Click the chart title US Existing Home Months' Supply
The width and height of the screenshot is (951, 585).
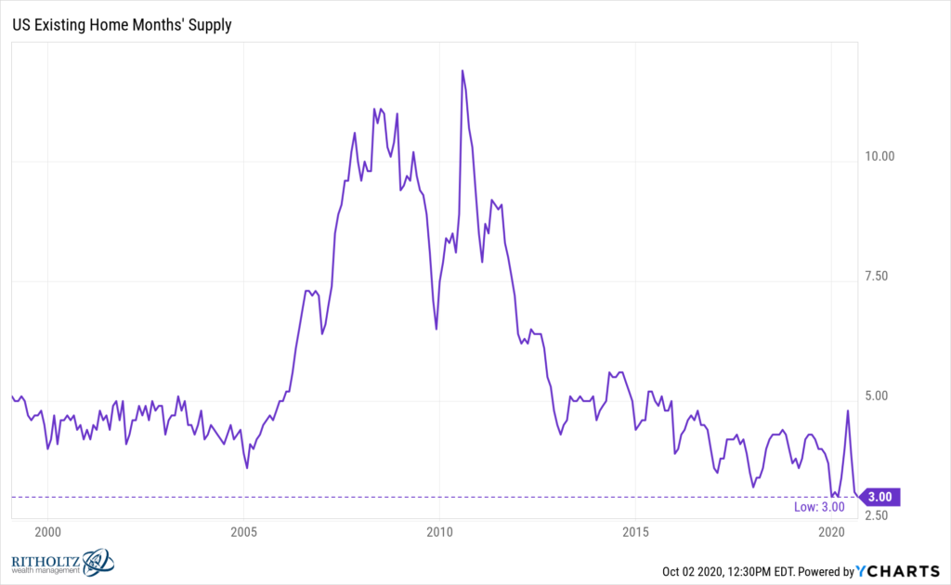click(122, 25)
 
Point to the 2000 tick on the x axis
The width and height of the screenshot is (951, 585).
click(47, 532)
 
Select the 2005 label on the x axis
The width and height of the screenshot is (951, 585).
click(243, 532)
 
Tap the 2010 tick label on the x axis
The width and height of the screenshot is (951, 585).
click(439, 532)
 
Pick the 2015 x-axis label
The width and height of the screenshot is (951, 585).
click(635, 532)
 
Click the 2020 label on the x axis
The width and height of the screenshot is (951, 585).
click(831, 532)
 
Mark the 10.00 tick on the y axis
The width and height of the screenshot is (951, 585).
click(879, 156)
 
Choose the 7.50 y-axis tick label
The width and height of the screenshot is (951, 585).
click(879, 276)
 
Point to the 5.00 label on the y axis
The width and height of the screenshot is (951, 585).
click(879, 396)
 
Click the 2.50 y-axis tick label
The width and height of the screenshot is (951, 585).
click(879, 515)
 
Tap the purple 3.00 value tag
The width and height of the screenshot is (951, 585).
click(879, 497)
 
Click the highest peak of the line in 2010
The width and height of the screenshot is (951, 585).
click(462, 71)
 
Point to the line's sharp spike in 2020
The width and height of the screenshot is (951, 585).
click(848, 410)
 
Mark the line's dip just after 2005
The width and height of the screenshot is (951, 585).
click(247, 467)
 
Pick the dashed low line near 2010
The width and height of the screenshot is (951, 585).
click(439, 497)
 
